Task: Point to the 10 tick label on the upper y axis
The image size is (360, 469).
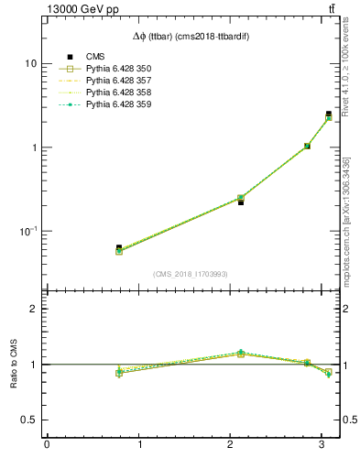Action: pos(31,64)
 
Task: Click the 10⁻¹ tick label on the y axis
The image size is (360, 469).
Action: pos(27,231)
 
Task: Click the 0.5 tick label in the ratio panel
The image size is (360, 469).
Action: pos(28,420)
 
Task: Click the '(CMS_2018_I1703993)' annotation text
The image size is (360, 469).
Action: pos(191,274)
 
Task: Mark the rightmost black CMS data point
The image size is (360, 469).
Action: pos(329,115)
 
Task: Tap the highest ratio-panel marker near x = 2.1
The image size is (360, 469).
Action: pos(241,352)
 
